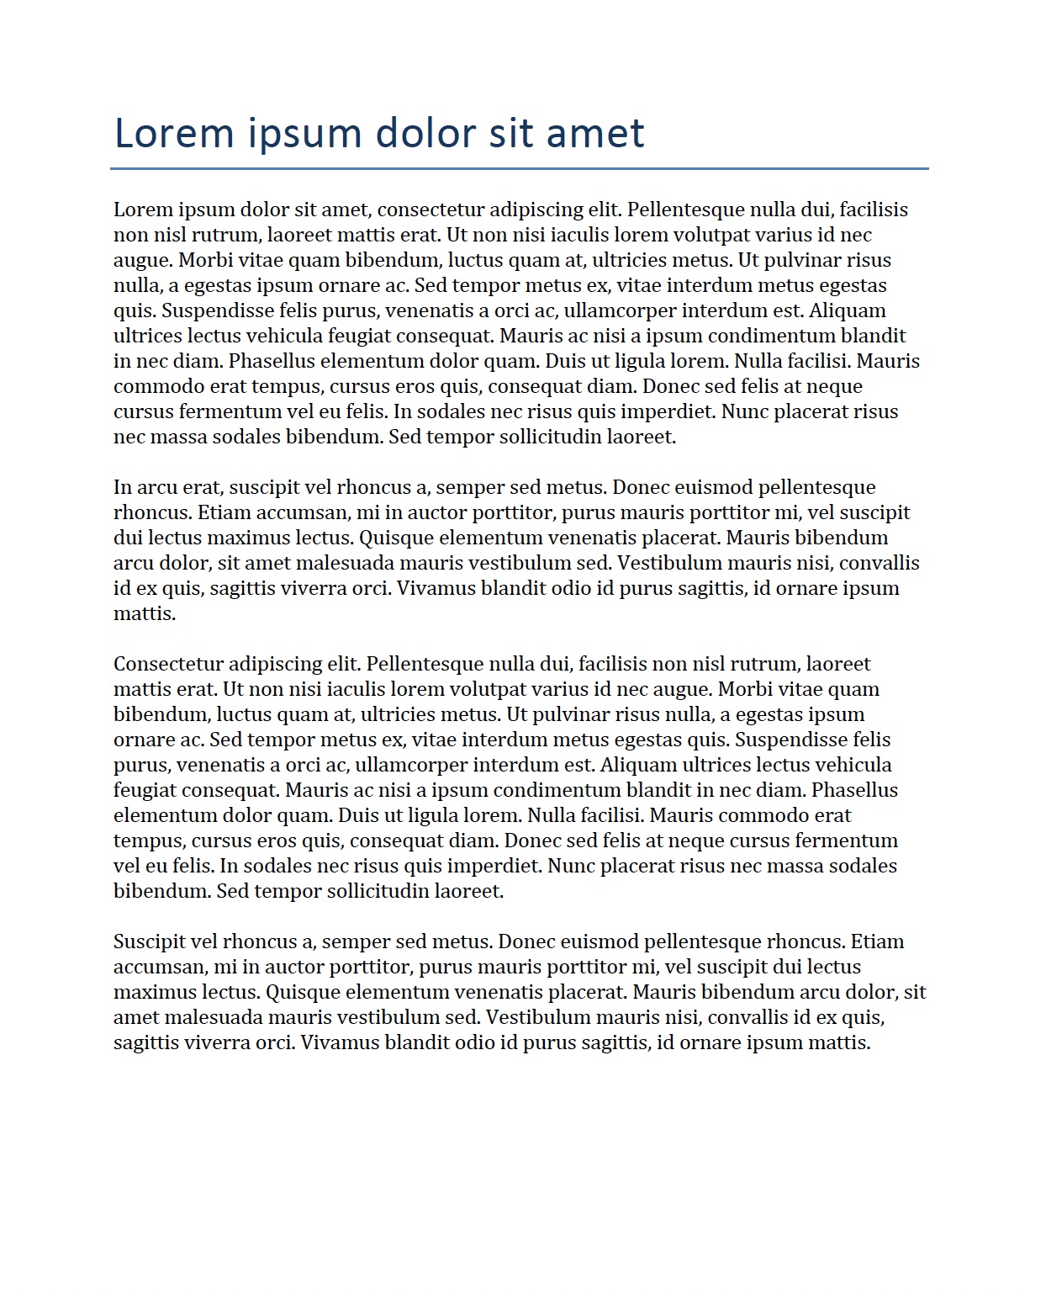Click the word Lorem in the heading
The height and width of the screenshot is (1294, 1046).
(x=173, y=134)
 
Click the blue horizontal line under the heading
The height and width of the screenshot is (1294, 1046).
(x=519, y=168)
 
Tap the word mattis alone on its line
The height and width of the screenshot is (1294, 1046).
(x=144, y=613)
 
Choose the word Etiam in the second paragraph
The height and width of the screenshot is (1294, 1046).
(x=224, y=512)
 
